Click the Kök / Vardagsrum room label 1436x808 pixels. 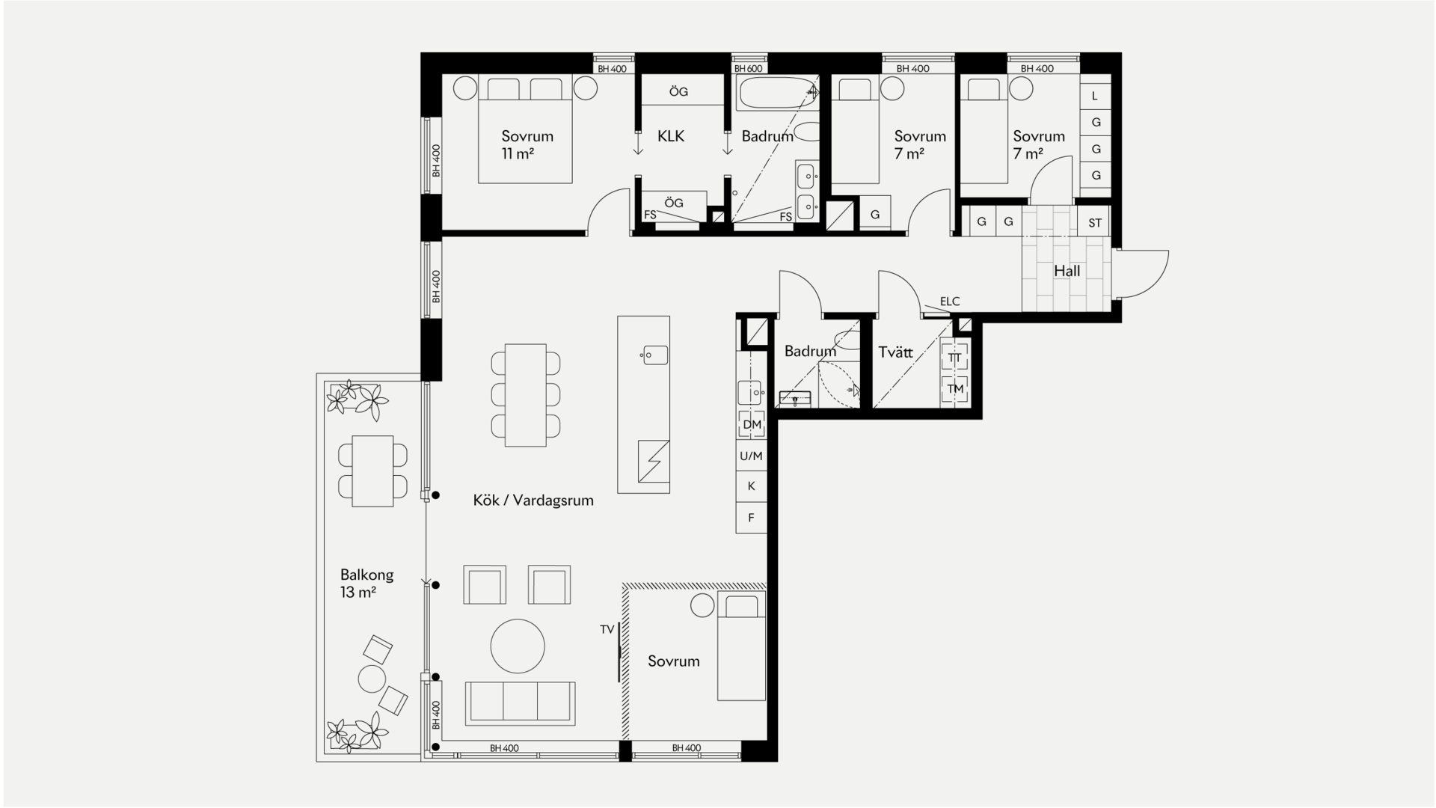tap(533, 501)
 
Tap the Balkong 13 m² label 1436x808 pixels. tap(366, 584)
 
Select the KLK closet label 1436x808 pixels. tap(671, 136)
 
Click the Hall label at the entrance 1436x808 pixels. tap(1067, 271)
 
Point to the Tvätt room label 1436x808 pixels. tap(895, 352)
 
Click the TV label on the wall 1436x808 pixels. tap(607, 630)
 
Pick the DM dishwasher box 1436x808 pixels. tap(752, 424)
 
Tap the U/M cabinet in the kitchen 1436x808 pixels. tap(752, 456)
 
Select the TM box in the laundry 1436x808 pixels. tap(955, 389)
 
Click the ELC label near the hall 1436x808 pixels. tap(950, 302)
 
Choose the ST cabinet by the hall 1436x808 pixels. tap(1095, 222)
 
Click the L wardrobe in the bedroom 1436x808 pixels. tap(1095, 96)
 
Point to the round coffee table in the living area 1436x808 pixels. tap(518, 646)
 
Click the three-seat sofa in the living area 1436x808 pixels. tap(521, 703)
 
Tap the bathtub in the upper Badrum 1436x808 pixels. tap(778, 94)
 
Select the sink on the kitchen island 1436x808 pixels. tap(654, 355)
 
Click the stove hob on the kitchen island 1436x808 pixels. tap(654, 461)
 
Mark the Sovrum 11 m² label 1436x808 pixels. tap(527, 145)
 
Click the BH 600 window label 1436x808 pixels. tap(749, 69)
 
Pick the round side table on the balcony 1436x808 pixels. tap(372, 679)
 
